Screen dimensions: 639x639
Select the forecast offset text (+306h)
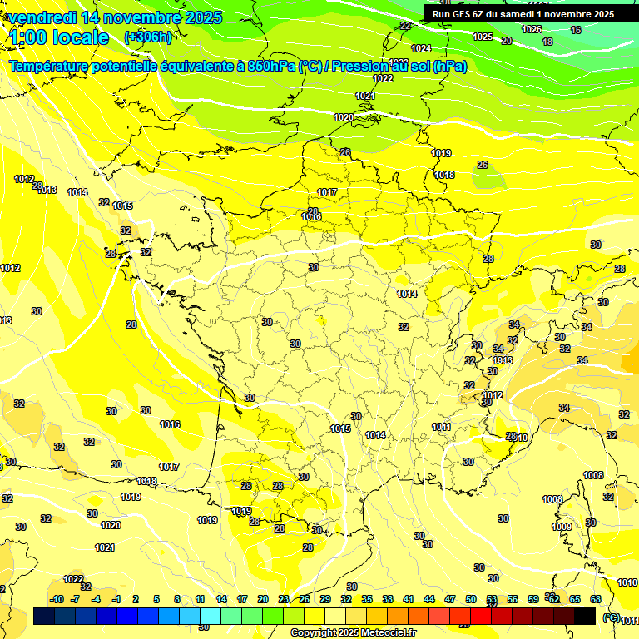pyautogui.click(x=148, y=37)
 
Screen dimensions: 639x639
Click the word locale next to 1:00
pyautogui.click(x=80, y=37)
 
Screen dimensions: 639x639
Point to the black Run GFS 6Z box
pyautogui.click(x=523, y=13)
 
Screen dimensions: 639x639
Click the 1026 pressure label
pyautogui.click(x=531, y=29)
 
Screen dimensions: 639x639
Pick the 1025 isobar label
pyautogui.click(x=483, y=37)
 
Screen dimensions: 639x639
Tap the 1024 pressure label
pyautogui.click(x=421, y=48)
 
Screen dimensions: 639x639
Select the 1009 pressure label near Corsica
pyautogui.click(x=562, y=527)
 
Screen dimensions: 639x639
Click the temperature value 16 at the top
pyautogui.click(x=576, y=30)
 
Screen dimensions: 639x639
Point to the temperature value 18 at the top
pyautogui.click(x=547, y=42)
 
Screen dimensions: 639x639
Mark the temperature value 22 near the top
pyautogui.click(x=405, y=26)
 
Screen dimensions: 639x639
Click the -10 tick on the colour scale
pyautogui.click(x=57, y=599)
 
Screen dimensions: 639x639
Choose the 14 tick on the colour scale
pyautogui.click(x=221, y=599)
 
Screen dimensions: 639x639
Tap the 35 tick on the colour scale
pyautogui.click(x=367, y=599)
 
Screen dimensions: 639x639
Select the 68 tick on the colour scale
pyautogui.click(x=596, y=599)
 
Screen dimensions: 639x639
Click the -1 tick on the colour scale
pyautogui.click(x=116, y=599)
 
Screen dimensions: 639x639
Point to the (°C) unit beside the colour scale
pyautogui.click(x=612, y=617)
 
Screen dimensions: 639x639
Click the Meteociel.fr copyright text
pyautogui.click(x=353, y=632)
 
